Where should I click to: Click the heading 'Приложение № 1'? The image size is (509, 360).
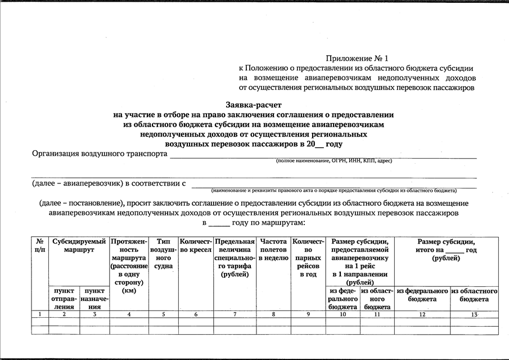point(357,58)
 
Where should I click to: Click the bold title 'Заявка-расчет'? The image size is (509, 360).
point(254,105)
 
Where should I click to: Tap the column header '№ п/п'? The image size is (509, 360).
point(39,245)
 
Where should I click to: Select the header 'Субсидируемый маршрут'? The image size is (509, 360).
point(79,245)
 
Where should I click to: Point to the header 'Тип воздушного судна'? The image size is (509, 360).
point(163,253)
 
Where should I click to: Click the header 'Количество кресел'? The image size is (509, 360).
point(196,245)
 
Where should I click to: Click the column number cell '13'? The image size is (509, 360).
point(475,314)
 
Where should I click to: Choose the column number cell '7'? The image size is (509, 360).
point(235,314)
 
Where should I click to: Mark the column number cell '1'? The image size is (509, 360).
point(39,314)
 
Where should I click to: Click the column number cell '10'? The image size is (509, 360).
point(343,314)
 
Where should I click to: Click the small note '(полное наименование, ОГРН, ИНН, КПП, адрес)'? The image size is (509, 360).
point(334,161)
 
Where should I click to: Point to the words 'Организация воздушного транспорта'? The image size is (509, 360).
point(100,154)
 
